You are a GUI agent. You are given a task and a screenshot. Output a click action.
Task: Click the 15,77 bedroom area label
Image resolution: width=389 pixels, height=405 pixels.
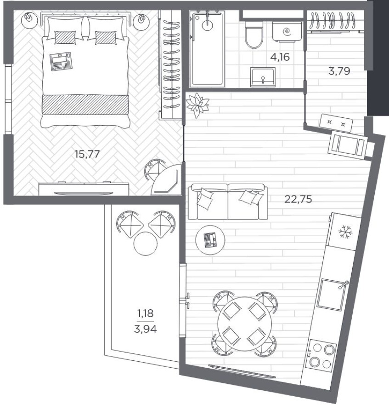(87, 154)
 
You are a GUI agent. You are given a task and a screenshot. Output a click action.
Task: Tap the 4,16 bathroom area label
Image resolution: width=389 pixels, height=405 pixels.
(280, 57)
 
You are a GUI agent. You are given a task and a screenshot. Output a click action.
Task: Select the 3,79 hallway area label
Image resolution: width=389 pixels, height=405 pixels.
(339, 70)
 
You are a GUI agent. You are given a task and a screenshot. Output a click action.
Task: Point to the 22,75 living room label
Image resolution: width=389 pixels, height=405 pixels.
(298, 199)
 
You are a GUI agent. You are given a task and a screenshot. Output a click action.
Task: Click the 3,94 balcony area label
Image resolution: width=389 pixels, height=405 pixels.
(146, 329)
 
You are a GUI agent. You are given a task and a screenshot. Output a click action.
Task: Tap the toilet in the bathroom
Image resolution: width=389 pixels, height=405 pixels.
(254, 35)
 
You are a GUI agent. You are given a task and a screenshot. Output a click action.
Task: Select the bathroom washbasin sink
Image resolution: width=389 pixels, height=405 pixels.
(263, 77)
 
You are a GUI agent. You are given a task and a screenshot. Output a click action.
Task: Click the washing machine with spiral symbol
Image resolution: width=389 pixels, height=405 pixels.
(287, 31)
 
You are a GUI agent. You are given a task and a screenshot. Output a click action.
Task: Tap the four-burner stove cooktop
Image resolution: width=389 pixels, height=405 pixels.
(321, 353)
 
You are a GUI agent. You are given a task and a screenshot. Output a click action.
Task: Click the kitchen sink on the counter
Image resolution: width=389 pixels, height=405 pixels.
(333, 295)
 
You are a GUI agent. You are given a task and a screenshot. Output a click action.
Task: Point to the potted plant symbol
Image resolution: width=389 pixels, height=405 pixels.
(197, 105)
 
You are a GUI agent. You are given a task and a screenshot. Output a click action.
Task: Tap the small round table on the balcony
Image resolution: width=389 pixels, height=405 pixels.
(146, 243)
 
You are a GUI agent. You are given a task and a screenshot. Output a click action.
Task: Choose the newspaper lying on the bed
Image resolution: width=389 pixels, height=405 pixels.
(61, 62)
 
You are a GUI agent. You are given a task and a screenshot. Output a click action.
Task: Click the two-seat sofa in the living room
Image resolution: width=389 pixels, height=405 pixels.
(228, 202)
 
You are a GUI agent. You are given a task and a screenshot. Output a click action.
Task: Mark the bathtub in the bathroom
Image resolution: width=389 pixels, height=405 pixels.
(207, 49)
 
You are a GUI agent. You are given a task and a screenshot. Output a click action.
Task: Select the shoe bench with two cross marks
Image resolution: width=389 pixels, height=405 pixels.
(336, 123)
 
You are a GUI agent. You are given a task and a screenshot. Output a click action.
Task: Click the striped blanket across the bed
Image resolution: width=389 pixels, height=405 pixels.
(85, 104)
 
